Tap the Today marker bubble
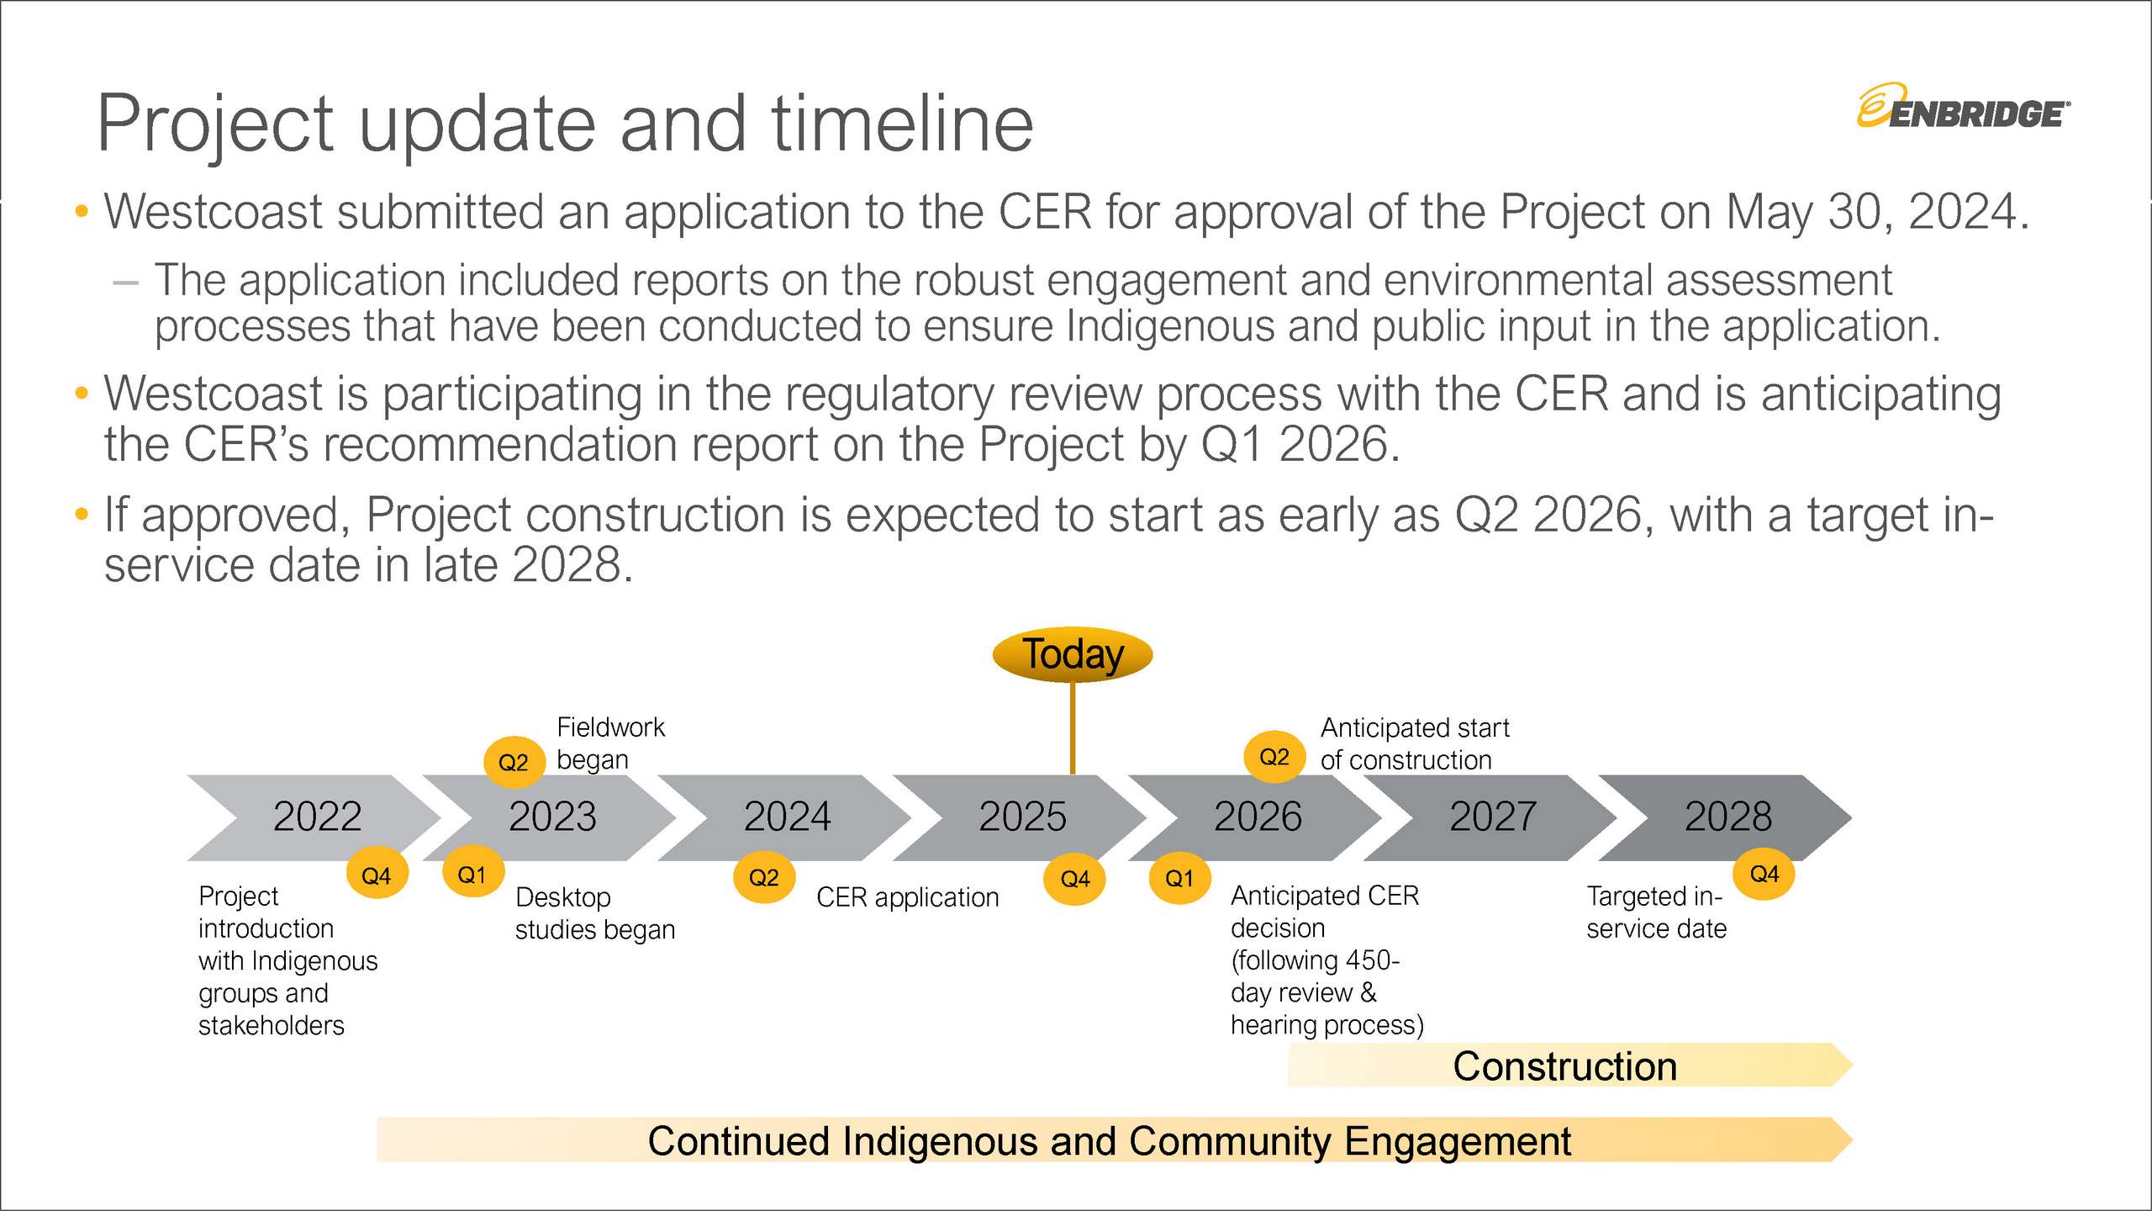(x=1072, y=654)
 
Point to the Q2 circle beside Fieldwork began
(x=514, y=762)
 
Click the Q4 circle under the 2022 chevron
(x=377, y=875)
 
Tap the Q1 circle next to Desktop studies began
(x=473, y=875)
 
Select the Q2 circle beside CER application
(x=764, y=877)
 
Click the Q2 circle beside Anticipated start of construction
(x=1274, y=757)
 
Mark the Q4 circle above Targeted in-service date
(x=1764, y=874)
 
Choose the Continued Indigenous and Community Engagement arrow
(x=1115, y=1140)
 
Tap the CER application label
(x=908, y=897)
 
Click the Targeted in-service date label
(x=1656, y=912)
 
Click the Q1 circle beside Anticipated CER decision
(x=1179, y=878)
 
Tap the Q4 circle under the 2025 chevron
(x=1075, y=879)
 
